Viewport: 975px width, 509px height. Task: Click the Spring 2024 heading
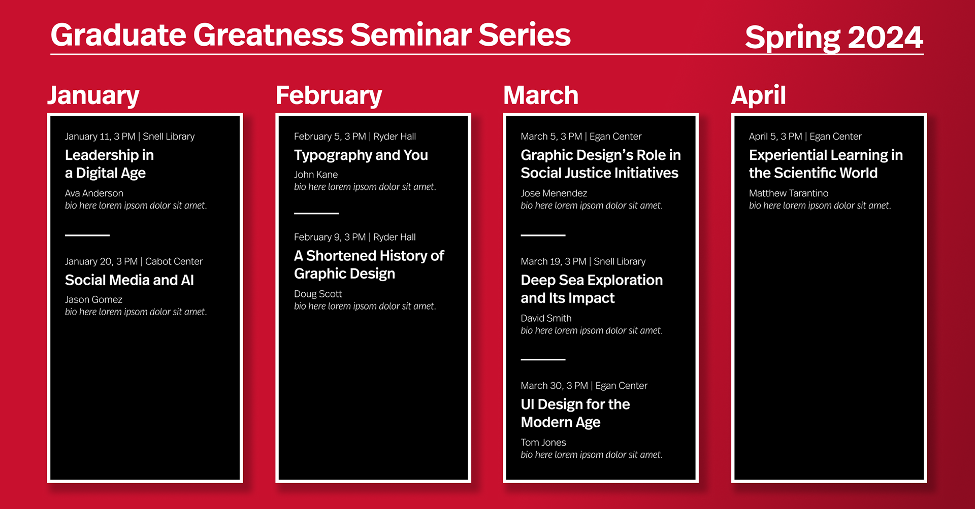pos(834,38)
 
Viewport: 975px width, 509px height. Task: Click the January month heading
pos(93,96)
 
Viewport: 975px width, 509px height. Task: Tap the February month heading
pos(329,96)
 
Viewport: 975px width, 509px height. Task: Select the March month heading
pos(541,95)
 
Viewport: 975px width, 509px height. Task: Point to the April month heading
pos(759,96)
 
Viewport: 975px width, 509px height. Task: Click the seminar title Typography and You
pos(361,155)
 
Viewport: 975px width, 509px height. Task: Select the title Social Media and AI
pos(129,280)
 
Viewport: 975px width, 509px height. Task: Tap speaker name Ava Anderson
pos(94,193)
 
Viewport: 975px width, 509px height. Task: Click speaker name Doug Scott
pos(318,294)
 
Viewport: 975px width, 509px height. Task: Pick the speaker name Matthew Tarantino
pos(789,193)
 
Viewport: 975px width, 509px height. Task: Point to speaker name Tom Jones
pos(543,443)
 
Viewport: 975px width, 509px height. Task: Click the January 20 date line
pos(134,261)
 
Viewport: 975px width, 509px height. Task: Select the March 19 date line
pos(583,261)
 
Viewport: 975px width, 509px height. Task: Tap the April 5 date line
pos(805,137)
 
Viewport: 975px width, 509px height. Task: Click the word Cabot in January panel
pos(158,261)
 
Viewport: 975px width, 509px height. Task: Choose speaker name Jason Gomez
pos(93,300)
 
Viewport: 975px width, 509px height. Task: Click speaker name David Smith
pos(546,319)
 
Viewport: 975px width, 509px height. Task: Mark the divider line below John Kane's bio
pos(316,213)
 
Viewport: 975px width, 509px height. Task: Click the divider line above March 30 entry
pos(543,359)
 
